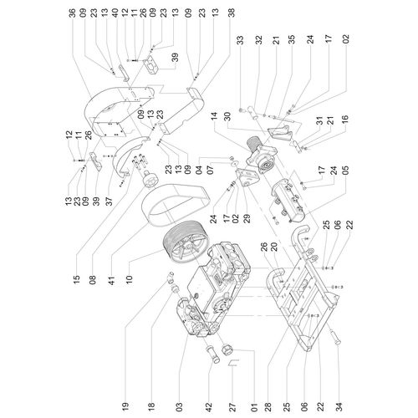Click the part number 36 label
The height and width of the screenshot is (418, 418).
coord(73,13)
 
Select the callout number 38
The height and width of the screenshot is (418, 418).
coord(232,13)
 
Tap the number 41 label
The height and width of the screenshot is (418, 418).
coord(112,278)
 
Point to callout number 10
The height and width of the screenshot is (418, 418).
coord(129,278)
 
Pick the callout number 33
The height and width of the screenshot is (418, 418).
coord(240,40)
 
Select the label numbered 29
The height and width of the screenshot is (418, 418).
coord(247,218)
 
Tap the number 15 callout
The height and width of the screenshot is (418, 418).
coord(77,278)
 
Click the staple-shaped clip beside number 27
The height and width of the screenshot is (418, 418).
coord(233,363)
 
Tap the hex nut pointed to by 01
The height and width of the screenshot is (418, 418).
coord(227,349)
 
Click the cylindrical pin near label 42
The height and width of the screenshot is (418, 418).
coord(212,354)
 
